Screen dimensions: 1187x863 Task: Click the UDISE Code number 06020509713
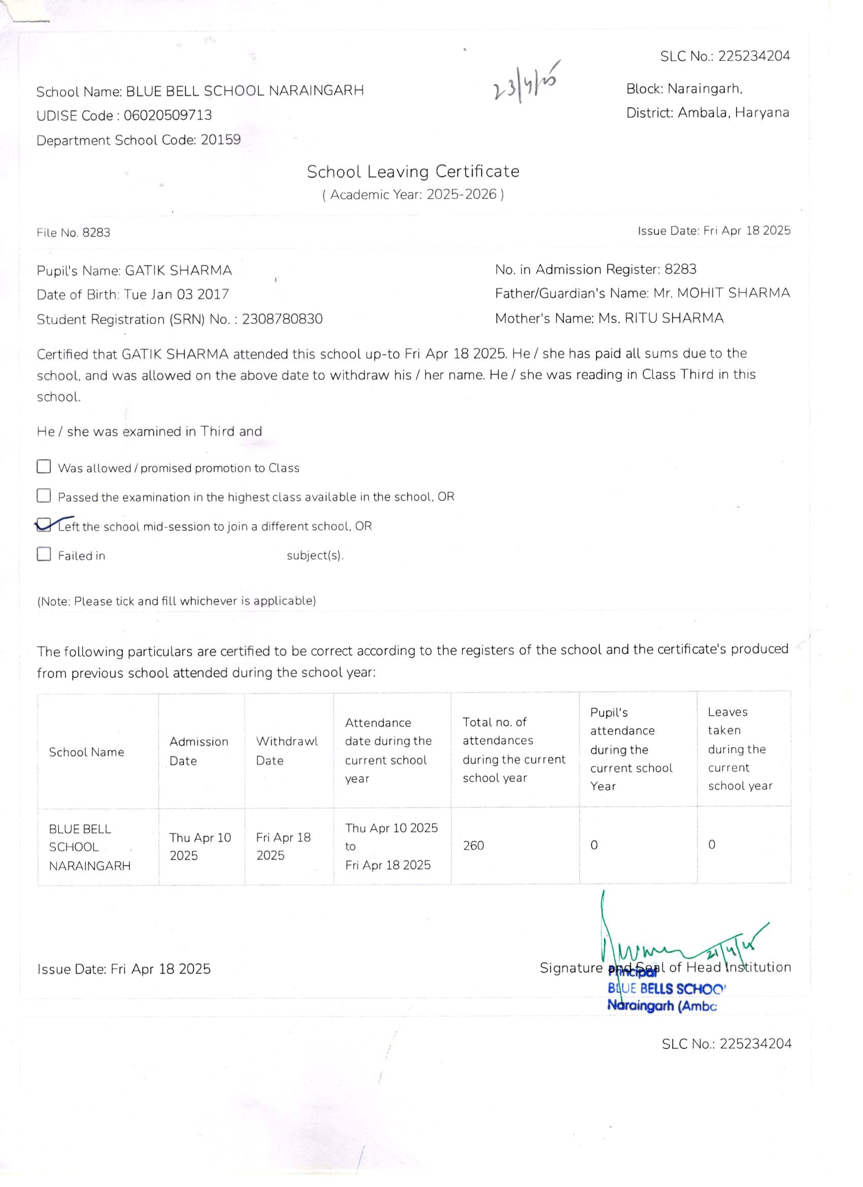168,115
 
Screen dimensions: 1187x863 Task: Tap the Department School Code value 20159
220,140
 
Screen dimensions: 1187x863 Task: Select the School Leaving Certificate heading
413,172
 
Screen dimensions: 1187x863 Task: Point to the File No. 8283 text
73,233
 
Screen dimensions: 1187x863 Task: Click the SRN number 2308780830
282,319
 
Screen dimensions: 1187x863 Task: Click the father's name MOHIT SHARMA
733,293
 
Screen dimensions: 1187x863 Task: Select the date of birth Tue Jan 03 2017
176,294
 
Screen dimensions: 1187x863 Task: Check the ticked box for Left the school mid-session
44,525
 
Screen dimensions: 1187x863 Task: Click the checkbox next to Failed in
44,554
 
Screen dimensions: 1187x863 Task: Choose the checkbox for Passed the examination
44,495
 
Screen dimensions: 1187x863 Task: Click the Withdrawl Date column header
286,750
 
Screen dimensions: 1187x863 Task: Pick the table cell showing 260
473,846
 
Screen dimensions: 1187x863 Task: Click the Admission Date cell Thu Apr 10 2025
200,846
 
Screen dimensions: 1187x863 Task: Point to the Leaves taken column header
740,748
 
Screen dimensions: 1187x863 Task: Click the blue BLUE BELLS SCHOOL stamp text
666,988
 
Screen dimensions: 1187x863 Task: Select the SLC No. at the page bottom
726,1044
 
